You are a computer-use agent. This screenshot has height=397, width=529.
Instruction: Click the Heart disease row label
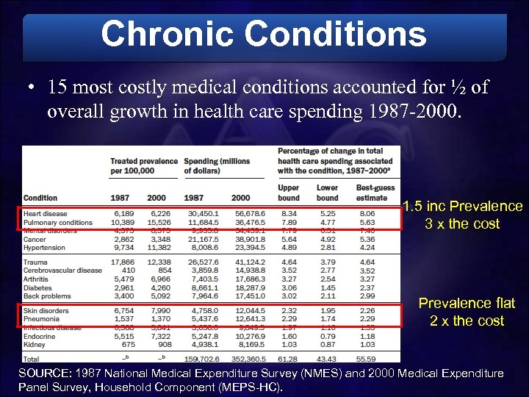click(x=46, y=213)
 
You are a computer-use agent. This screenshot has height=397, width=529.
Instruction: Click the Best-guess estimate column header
click(x=372, y=193)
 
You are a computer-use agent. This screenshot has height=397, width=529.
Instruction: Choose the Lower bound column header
click(x=327, y=193)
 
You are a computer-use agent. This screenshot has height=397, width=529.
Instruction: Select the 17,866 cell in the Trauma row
click(x=123, y=261)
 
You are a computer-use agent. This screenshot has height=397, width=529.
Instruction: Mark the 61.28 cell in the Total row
click(x=288, y=359)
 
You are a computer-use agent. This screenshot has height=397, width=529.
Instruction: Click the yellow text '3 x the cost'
click(x=461, y=224)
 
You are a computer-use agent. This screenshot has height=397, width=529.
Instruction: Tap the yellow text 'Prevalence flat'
click(x=467, y=303)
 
